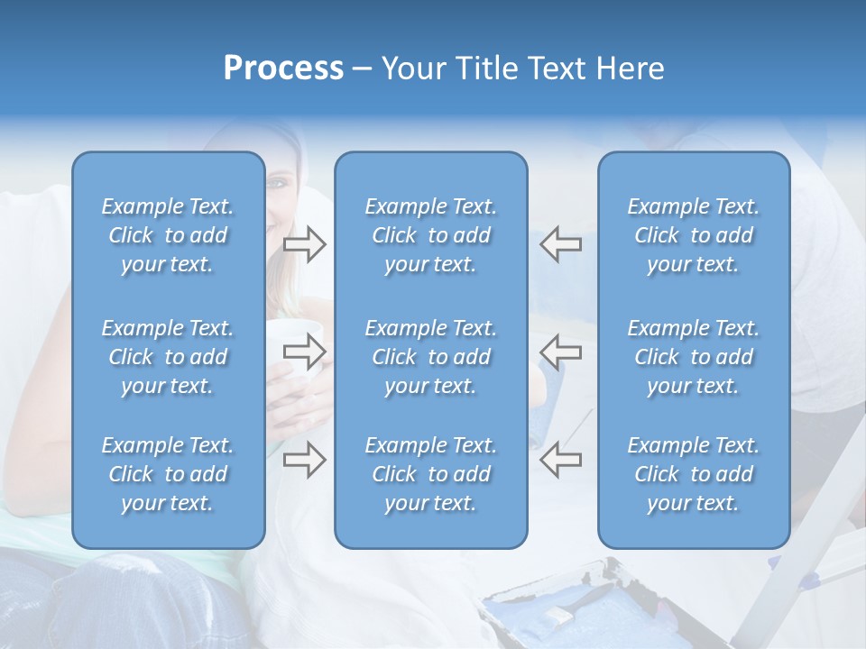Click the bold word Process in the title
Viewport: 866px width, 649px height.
point(283,69)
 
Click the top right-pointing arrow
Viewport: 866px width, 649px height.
point(304,244)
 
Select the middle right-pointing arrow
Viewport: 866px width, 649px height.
point(304,352)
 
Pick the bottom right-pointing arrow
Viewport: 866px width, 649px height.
point(304,461)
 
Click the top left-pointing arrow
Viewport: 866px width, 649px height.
point(561,244)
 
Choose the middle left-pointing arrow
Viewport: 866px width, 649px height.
point(561,352)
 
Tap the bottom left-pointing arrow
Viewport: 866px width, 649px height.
point(561,461)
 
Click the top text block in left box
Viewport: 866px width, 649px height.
point(168,235)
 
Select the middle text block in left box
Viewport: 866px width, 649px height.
point(168,357)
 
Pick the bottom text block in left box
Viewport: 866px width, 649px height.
point(168,474)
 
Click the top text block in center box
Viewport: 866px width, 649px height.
point(430,235)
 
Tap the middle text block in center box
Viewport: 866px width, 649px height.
point(430,357)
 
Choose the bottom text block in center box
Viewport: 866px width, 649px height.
point(430,474)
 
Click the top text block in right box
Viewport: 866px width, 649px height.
point(693,235)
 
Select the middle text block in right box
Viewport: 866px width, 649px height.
point(693,357)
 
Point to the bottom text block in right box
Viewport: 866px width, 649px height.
point(693,474)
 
